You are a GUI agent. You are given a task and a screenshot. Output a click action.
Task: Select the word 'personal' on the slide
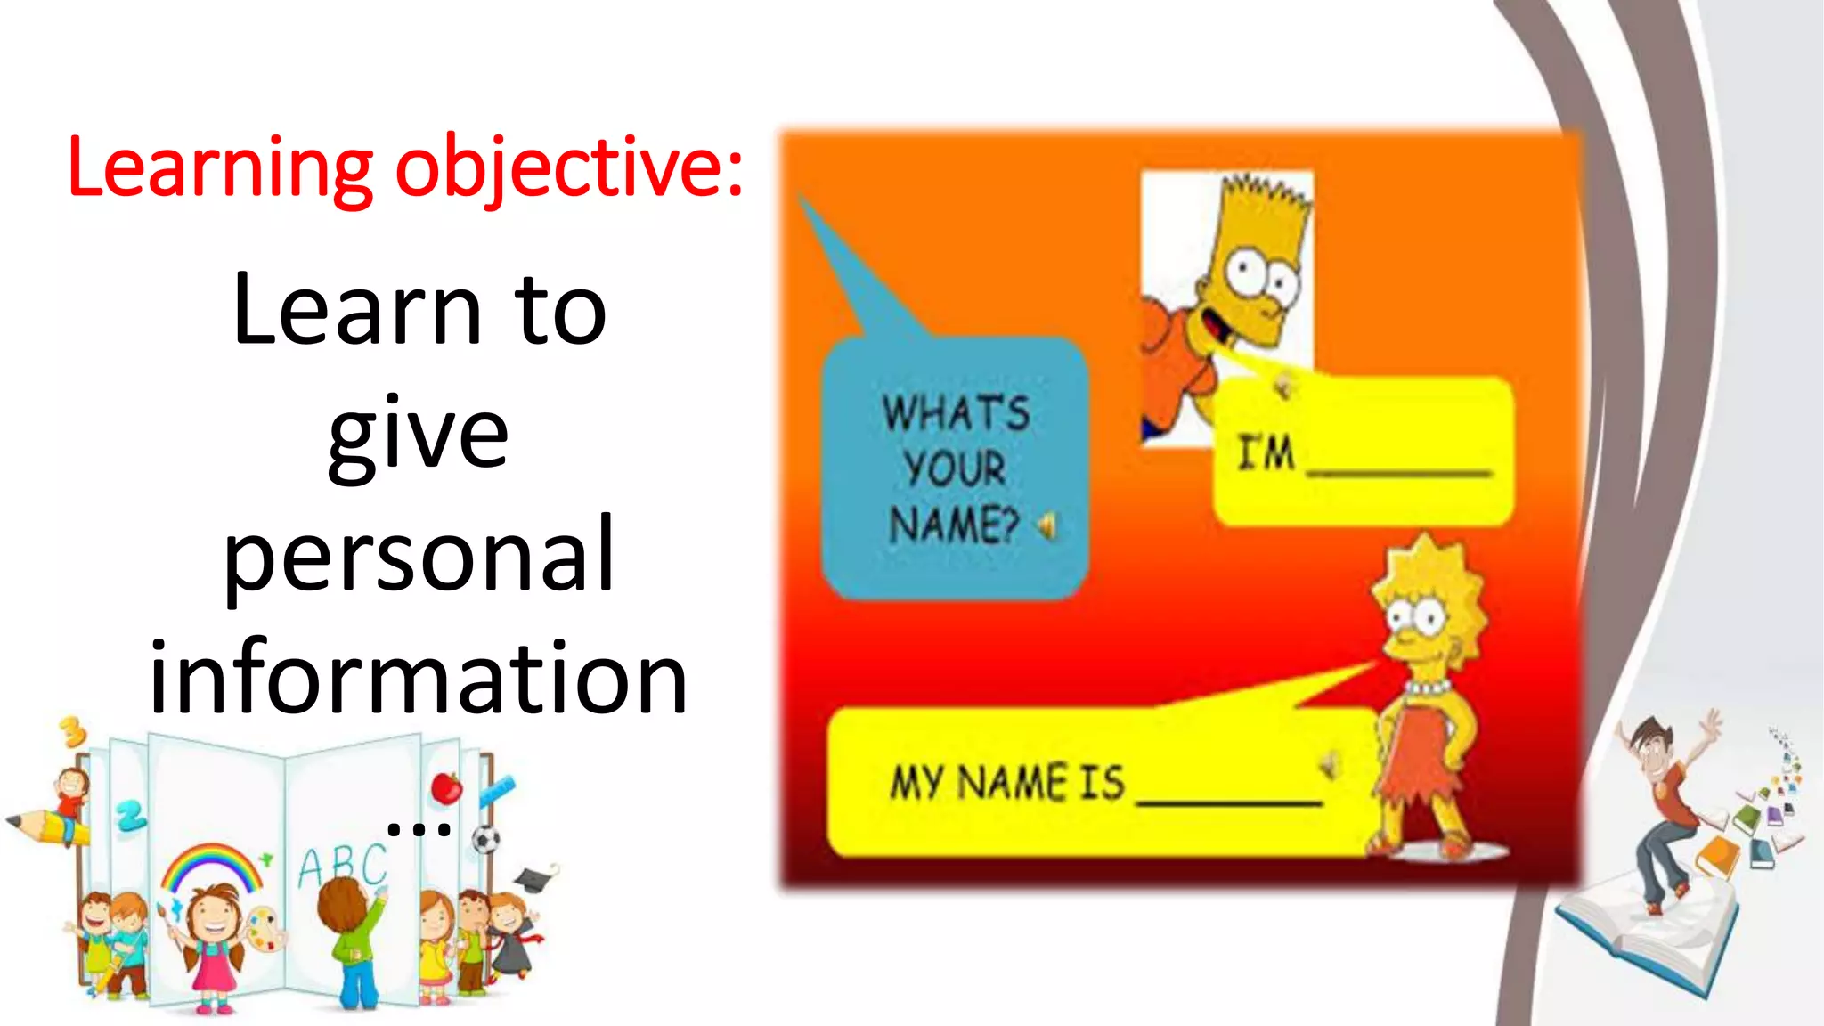click(419, 556)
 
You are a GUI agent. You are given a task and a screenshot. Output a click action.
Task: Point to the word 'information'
click(419, 679)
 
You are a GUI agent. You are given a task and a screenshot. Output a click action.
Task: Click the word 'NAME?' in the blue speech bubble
click(953, 524)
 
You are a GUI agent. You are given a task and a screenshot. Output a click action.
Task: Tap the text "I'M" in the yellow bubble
click(1266, 452)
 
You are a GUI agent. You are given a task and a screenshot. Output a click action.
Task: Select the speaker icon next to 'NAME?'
click(1047, 526)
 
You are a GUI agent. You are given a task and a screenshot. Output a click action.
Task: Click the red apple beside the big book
click(446, 788)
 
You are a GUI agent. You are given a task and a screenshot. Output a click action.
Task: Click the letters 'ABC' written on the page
click(342, 864)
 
